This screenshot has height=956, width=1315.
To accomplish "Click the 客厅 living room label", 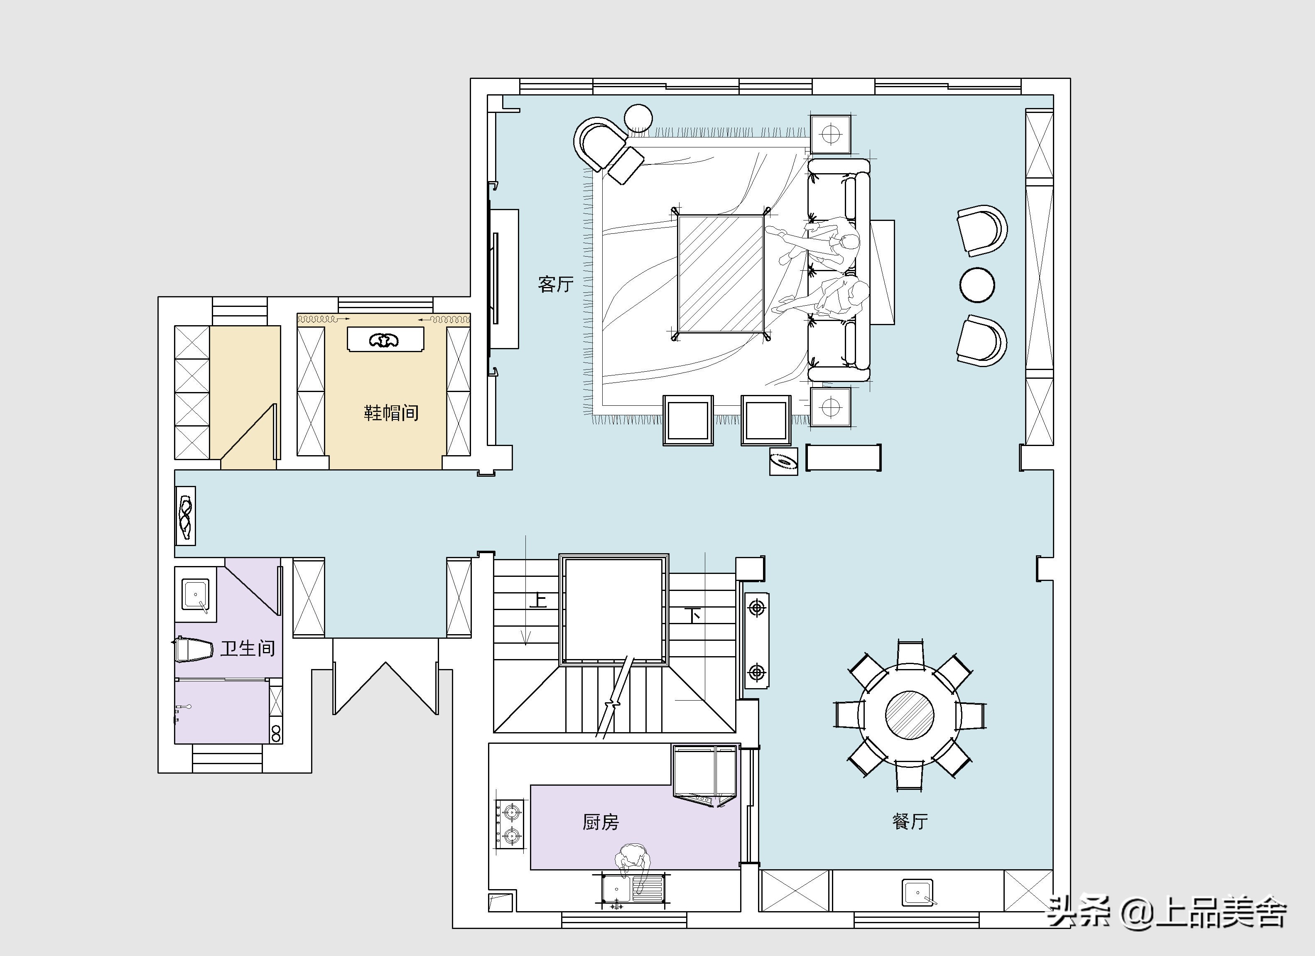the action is coord(555,284).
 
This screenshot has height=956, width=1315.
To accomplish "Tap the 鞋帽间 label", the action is coord(391,413).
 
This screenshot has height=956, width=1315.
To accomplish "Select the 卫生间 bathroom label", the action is coord(248,648).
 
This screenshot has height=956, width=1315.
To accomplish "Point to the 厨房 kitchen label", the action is coord(601,822).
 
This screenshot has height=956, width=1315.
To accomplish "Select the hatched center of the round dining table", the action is coord(909,716).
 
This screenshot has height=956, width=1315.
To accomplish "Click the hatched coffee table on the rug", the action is coord(721,274).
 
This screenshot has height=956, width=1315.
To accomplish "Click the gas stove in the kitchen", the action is coord(509,823).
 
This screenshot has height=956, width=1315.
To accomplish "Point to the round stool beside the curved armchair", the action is coord(638,118).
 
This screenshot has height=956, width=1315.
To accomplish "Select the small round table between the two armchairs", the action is coord(977,284).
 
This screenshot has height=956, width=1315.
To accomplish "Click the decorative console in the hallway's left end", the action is coord(186,515).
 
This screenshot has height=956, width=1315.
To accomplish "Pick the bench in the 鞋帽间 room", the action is coord(385,339).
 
